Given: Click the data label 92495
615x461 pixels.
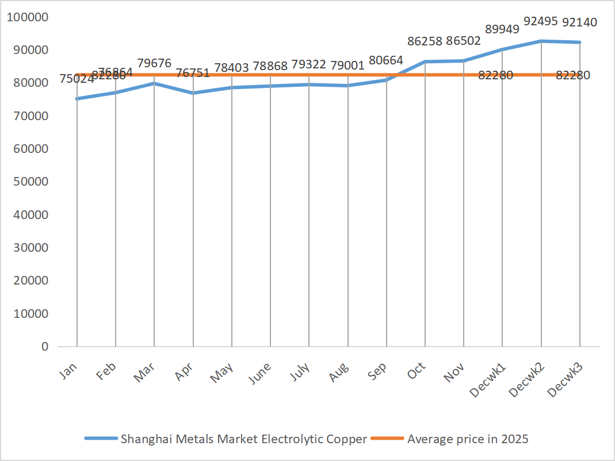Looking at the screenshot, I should pos(541,22).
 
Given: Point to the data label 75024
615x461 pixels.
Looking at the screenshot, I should pos(77,79).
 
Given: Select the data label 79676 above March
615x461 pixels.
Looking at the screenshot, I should pos(154,63).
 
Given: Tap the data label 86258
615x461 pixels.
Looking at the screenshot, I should pos(425,41).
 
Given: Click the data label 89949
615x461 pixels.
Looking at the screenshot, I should pos(502,29).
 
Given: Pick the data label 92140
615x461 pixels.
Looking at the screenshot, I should pos(579,22).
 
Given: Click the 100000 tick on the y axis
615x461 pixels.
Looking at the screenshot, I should pos(28,17).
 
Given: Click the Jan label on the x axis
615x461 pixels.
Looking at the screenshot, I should pos(69,370).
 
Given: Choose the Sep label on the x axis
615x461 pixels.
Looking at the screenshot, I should pos(378,371).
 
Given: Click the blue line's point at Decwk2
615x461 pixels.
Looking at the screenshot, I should pos(541,41).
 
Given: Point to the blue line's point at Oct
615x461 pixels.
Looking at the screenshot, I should pos(425,62).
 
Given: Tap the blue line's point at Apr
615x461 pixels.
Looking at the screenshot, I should pos(193,93).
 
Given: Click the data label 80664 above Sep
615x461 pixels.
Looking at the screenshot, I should pos(385,60).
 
